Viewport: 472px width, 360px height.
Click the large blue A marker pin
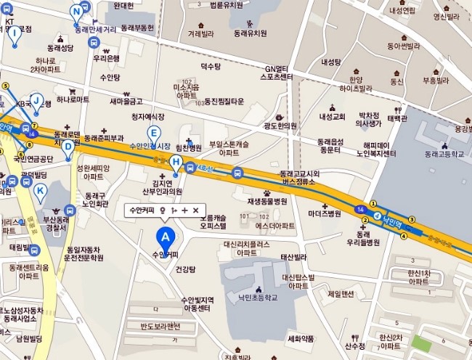166,237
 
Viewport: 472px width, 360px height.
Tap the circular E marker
154,132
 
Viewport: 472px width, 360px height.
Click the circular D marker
68,145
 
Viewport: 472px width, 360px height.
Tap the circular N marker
76,11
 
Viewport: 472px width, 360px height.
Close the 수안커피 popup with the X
195,210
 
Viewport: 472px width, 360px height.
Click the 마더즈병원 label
324,214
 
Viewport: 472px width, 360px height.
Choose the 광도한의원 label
281,126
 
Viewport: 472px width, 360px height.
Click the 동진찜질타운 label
224,101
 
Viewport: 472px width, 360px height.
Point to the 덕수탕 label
210,66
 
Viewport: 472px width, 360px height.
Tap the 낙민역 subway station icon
378,216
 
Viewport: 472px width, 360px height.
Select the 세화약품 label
301,339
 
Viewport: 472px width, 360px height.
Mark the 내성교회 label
331,116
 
